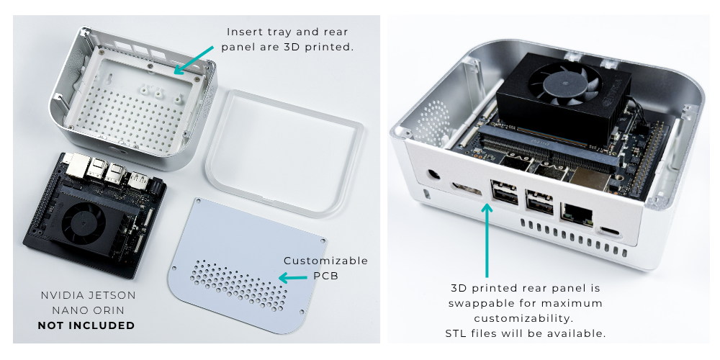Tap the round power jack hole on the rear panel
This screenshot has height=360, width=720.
434,175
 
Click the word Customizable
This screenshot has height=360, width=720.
325,261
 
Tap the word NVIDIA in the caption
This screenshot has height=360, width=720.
63,295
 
